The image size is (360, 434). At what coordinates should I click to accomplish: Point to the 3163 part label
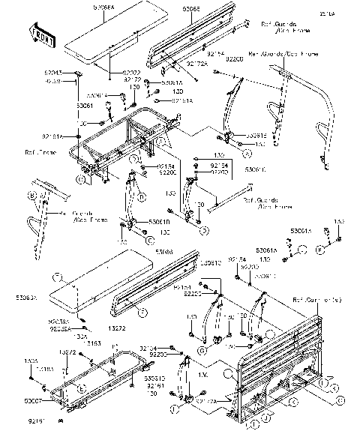pyautogui.click(x=94, y=343)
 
